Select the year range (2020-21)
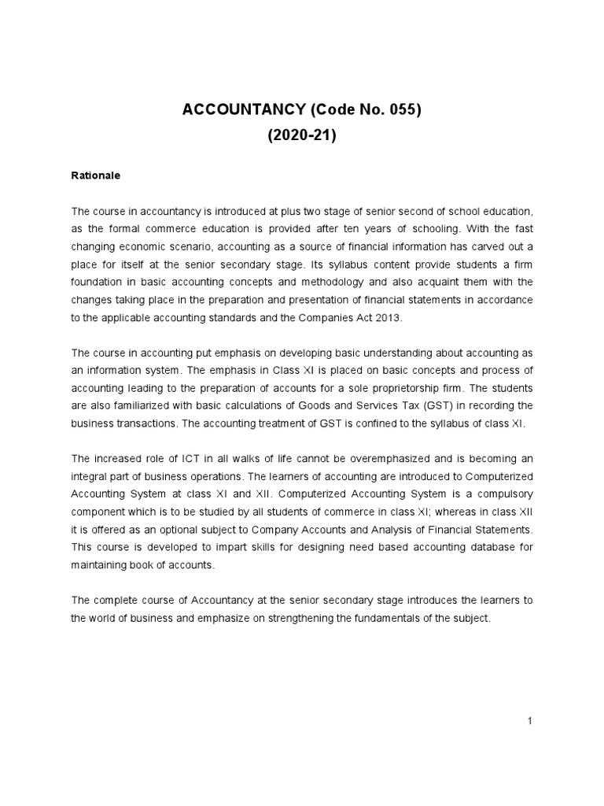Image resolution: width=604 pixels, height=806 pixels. pos(302,135)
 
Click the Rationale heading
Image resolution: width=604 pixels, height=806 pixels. pos(95,176)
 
